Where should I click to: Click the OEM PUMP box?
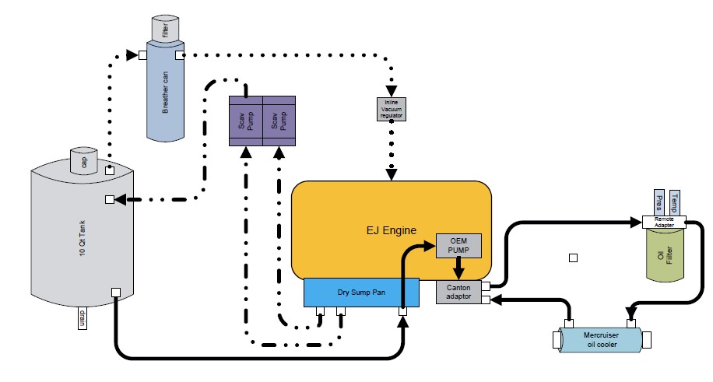pyautogui.click(x=459, y=245)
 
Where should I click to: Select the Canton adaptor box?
pyautogui.click(x=458, y=293)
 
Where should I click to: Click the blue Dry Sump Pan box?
pyautogui.click(x=361, y=292)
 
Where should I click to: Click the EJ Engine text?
pyautogui.click(x=392, y=230)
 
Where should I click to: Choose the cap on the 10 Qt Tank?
pyautogui.click(x=85, y=160)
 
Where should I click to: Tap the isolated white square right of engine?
pyautogui.click(x=573, y=258)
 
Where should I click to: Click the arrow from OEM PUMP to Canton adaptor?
pyautogui.click(x=459, y=268)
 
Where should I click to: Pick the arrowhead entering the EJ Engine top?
pyautogui.click(x=391, y=174)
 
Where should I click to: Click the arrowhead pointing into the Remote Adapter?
pyautogui.click(x=636, y=222)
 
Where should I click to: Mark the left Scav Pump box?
pyautogui.click(x=246, y=121)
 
